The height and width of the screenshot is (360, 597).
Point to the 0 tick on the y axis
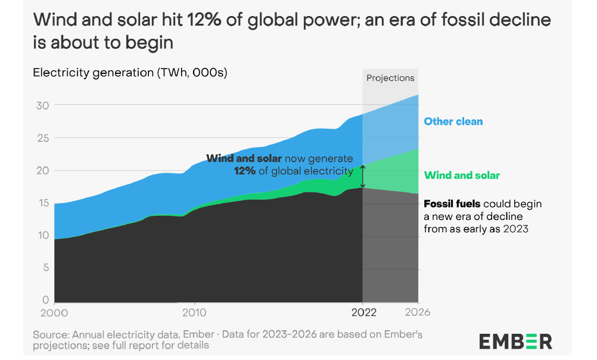point(45,300)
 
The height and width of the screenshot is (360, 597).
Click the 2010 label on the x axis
point(194,312)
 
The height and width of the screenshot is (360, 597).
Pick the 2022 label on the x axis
point(362,312)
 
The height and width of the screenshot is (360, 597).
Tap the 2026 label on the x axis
point(417,312)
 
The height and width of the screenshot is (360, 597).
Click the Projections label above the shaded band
point(390,78)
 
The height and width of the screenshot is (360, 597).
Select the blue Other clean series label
point(453,122)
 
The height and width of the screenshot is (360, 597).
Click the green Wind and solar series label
point(462,175)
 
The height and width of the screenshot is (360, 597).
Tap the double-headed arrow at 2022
point(362,176)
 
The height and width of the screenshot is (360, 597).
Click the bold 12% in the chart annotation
point(245,170)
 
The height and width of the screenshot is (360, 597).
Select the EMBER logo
point(515,341)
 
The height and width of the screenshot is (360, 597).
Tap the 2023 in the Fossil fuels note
point(516,229)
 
